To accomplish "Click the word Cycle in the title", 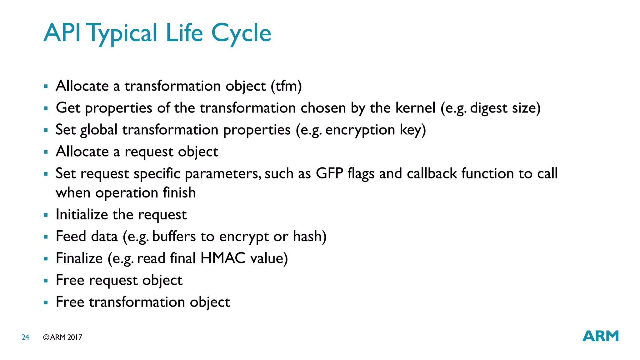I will coord(241,33).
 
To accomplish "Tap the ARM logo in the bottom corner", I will coord(600,336).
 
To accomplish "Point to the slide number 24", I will coord(25,337).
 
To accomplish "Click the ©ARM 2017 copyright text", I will coord(63,337).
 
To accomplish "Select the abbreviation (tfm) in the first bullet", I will coord(286,86).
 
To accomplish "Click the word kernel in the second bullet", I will coord(415,108).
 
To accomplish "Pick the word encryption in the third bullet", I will coord(360,130).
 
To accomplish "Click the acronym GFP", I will coord(329,173).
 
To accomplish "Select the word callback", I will coord(432,173).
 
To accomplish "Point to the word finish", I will coord(179,192).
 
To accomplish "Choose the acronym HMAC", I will coord(223,258).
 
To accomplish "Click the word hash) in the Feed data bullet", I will coord(310,236).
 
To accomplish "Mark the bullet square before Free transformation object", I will coord(46,302).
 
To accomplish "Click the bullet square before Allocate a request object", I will coord(46,152).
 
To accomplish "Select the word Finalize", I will coord(79,258).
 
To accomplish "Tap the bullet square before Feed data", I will coord(46,237).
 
